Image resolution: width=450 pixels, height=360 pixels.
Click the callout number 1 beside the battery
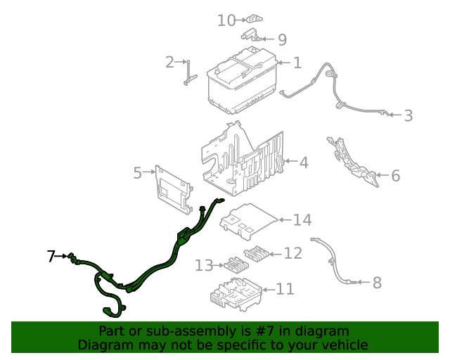[297, 63]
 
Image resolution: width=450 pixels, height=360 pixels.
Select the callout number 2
[169, 63]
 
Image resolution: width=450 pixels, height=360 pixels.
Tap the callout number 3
[409, 115]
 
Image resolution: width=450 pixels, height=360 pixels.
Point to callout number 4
[303, 163]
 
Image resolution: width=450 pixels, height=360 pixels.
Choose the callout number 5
[138, 172]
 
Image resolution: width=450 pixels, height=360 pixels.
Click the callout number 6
[395, 176]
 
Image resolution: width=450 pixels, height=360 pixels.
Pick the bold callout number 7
[51, 257]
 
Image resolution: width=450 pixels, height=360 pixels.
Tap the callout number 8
[377, 283]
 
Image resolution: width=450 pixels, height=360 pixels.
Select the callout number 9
[282, 39]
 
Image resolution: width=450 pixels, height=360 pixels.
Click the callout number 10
[226, 20]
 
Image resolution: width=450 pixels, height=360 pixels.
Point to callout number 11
[285, 289]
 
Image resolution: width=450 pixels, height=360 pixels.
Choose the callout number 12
[292, 253]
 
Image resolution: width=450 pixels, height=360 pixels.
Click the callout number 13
[204, 266]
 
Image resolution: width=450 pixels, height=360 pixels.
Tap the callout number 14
[302, 220]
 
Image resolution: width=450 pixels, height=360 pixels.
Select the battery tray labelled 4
[243, 158]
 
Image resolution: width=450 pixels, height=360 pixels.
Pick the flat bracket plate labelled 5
[172, 188]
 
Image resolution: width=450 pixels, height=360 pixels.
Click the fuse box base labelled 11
[235, 292]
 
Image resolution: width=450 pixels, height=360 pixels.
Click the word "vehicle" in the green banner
[344, 345]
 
